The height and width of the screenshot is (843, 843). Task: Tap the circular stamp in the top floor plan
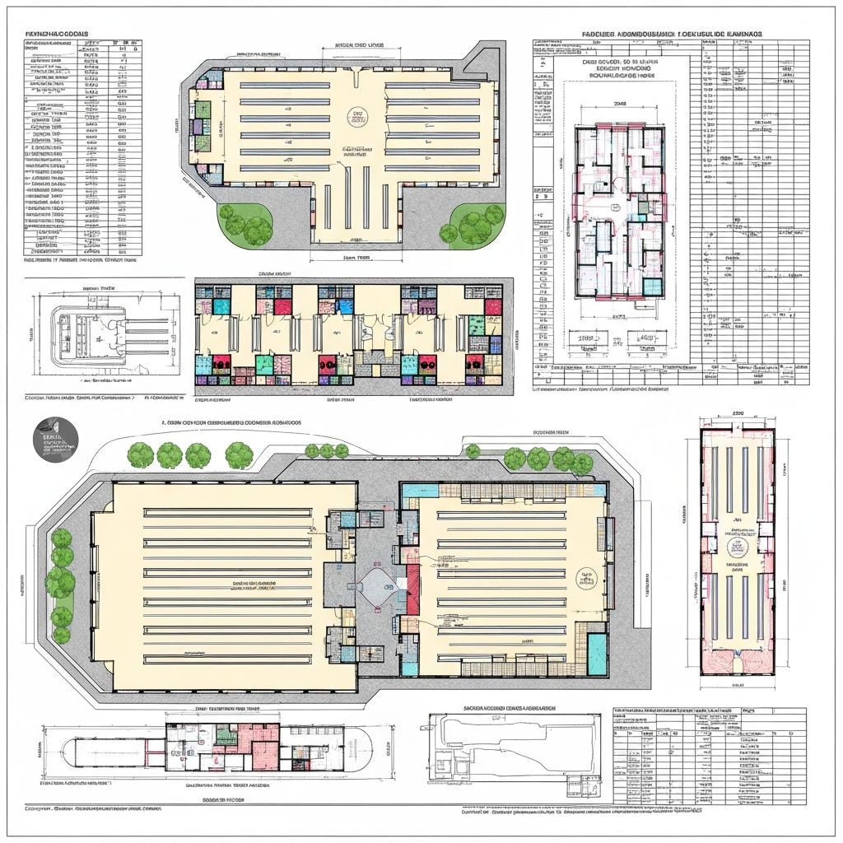(358, 118)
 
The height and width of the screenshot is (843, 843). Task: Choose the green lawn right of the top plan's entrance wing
(471, 223)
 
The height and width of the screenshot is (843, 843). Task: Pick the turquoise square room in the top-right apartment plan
(651, 286)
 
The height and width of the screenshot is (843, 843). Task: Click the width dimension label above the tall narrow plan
(738, 414)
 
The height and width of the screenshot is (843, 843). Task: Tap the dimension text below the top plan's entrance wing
(356, 257)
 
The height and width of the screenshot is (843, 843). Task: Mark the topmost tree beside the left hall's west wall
(62, 539)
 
